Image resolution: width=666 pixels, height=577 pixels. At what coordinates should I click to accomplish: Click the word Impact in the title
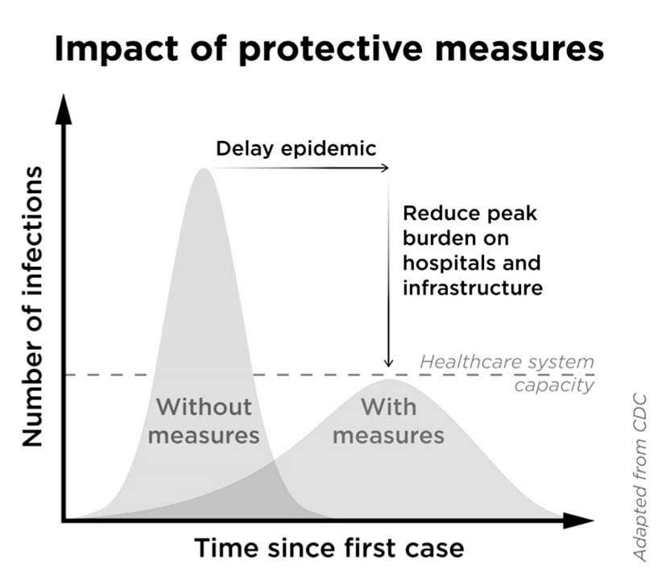(x=116, y=49)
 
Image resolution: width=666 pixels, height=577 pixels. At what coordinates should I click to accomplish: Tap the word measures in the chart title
(x=519, y=50)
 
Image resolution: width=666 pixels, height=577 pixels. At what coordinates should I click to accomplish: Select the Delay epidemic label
(x=296, y=149)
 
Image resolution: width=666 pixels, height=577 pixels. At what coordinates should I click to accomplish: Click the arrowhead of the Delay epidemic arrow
(x=384, y=168)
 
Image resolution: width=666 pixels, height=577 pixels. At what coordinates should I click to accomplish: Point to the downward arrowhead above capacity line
(x=388, y=362)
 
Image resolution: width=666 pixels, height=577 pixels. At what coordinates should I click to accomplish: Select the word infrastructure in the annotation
(x=473, y=288)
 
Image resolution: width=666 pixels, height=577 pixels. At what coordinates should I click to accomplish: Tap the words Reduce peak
(x=470, y=214)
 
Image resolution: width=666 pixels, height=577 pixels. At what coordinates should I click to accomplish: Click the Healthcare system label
(x=507, y=362)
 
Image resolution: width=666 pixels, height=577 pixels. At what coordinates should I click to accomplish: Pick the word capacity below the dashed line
(x=554, y=386)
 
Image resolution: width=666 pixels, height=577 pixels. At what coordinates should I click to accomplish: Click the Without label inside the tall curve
(x=204, y=407)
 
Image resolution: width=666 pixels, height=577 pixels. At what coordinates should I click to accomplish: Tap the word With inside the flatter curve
(x=389, y=407)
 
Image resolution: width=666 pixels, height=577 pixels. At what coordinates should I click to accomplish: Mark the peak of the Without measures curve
(x=204, y=168)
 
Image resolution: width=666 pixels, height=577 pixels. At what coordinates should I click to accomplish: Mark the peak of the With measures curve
(x=390, y=379)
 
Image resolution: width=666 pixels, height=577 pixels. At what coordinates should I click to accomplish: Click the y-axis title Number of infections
(x=32, y=306)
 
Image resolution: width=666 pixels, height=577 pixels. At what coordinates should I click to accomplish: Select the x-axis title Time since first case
(x=329, y=548)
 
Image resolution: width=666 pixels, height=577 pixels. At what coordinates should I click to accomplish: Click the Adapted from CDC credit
(x=639, y=479)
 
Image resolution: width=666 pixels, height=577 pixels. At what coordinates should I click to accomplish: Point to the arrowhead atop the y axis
(x=64, y=110)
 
